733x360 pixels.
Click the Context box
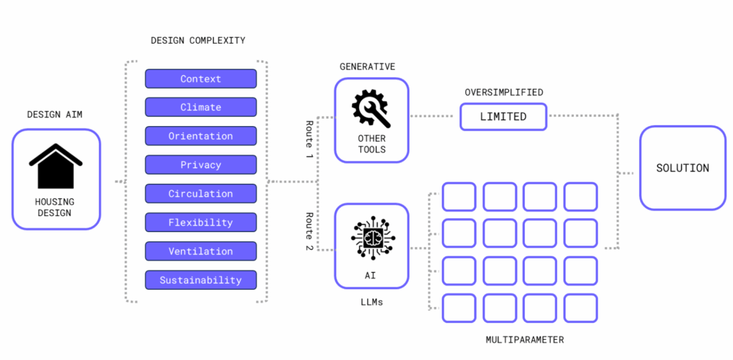(200, 79)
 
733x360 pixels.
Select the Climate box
(200, 107)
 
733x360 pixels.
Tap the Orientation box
(200, 136)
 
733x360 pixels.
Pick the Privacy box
(200, 165)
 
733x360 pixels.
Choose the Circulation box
(200, 193)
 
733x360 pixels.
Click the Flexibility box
(200, 223)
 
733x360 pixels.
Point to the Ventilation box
(200, 251)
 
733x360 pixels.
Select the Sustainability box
(200, 280)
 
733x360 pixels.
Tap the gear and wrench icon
(371, 108)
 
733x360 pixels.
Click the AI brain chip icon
(372, 237)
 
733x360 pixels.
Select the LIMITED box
(503, 117)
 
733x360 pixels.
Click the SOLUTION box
(682, 168)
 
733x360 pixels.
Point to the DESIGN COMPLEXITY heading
(197, 40)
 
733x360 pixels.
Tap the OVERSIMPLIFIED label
(503, 92)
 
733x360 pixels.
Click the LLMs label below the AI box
(372, 302)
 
